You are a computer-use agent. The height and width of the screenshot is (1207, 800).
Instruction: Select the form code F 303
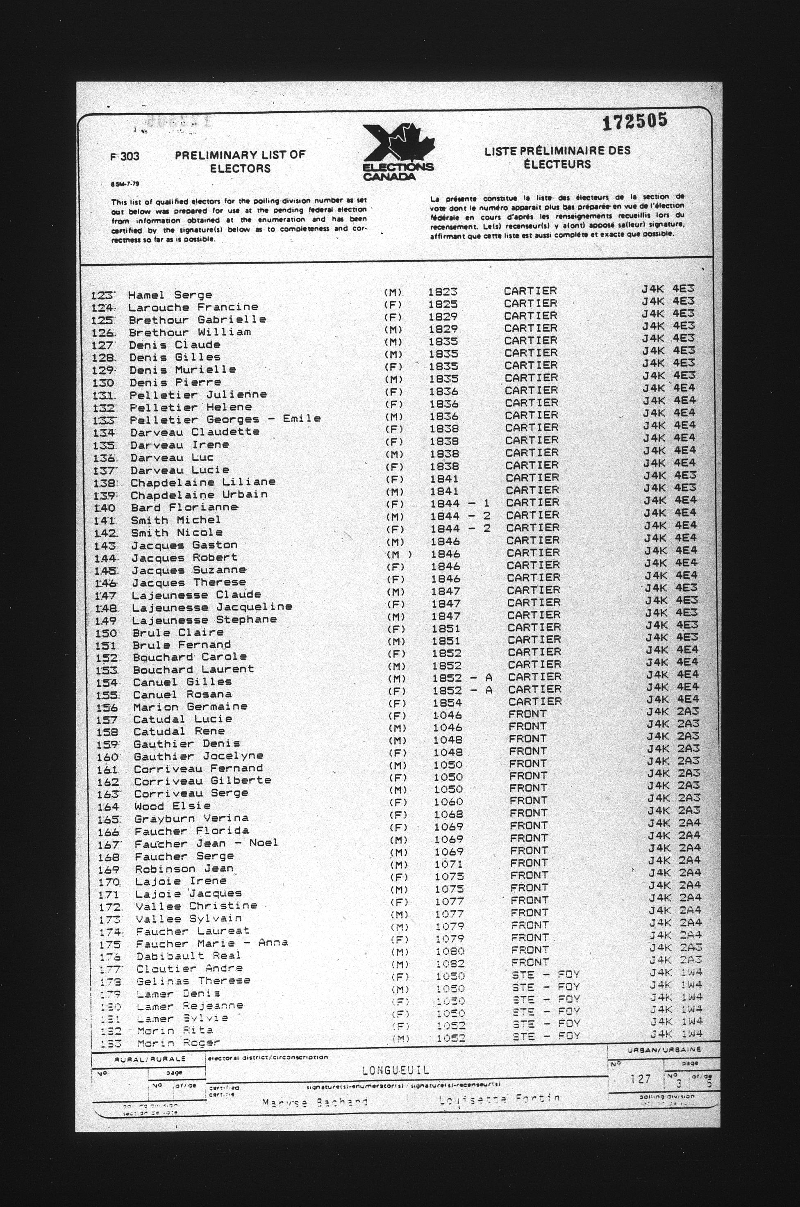pyautogui.click(x=125, y=156)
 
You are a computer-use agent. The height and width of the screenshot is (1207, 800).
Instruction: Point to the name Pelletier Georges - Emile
pyautogui.click(x=225, y=419)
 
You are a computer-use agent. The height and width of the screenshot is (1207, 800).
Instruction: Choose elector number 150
pyautogui.click(x=107, y=633)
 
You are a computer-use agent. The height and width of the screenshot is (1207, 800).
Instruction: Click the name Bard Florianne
pyautogui.click(x=184, y=507)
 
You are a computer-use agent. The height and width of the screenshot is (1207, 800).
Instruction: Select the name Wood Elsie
pyautogui.click(x=173, y=806)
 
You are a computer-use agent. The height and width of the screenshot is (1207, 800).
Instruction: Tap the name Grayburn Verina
pyautogui.click(x=191, y=818)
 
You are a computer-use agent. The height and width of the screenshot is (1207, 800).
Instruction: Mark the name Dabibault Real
pyautogui.click(x=188, y=955)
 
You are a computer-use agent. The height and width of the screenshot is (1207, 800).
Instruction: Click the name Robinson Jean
pyautogui.click(x=184, y=868)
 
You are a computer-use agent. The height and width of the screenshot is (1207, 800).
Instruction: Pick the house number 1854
pyautogui.click(x=447, y=703)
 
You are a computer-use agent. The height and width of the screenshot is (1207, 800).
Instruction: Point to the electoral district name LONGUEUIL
pyautogui.click(x=396, y=1070)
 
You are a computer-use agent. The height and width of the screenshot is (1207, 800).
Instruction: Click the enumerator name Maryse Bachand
pyautogui.click(x=315, y=1102)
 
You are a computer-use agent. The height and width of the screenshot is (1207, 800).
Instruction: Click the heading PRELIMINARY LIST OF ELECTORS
pyautogui.click(x=240, y=161)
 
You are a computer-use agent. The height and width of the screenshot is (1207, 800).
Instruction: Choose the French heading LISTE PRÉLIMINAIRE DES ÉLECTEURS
pyautogui.click(x=557, y=157)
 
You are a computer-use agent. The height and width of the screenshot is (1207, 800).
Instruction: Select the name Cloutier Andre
pyautogui.click(x=189, y=968)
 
